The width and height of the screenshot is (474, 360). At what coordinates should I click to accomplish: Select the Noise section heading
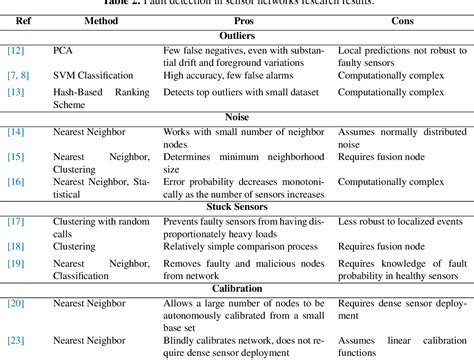click(237, 117)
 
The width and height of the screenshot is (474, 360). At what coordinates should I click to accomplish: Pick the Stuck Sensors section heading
click(237, 206)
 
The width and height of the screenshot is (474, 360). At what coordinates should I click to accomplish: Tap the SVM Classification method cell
click(92, 73)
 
